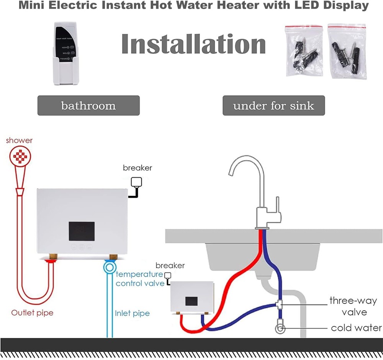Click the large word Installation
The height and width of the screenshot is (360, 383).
[193, 45]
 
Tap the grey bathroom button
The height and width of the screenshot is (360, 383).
[88, 106]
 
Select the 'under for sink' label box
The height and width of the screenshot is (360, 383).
[273, 106]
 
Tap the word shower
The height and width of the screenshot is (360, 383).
[19, 140]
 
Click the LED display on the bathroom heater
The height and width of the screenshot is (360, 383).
[82, 231]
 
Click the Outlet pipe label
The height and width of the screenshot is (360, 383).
[32, 313]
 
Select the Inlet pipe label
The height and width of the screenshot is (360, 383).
[132, 314]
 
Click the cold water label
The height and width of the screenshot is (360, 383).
[356, 328]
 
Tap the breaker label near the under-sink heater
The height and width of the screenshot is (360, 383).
[170, 266]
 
